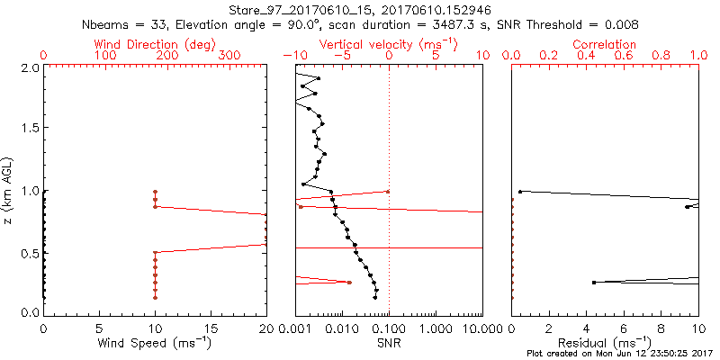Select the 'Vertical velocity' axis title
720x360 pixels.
[x=388, y=43]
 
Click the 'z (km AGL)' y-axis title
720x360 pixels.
[x=8, y=189]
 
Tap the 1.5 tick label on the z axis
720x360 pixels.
[x=31, y=129]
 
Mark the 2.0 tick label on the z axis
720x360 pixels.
[x=31, y=67]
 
